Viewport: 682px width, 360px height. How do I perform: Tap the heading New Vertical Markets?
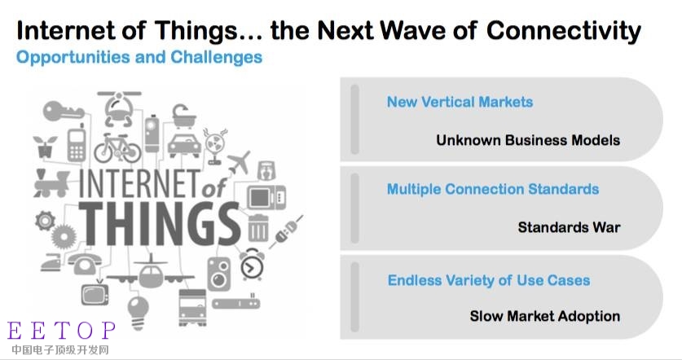coord(460,102)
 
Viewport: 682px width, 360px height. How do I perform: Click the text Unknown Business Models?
coord(528,140)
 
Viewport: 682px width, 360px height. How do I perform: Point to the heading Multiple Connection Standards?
coord(493,189)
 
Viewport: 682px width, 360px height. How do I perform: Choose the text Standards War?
coord(569,227)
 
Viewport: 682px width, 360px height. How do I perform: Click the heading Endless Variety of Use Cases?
coord(489,280)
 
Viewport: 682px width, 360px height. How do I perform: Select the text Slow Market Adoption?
coord(544,316)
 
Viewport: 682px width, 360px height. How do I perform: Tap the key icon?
coord(63,111)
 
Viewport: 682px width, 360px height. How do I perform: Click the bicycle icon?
coord(117,148)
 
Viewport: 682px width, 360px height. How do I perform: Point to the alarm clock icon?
coord(252,265)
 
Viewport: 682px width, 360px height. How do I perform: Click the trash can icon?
coord(258,228)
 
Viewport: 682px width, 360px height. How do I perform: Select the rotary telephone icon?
coord(85,262)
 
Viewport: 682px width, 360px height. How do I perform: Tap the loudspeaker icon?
coord(219,274)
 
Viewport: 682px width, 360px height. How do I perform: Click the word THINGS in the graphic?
coord(159,224)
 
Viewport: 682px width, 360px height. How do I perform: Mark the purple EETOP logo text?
coord(61,331)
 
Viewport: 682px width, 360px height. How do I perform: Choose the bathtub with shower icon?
coord(184,116)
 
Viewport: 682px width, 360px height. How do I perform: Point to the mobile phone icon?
coord(77,143)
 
